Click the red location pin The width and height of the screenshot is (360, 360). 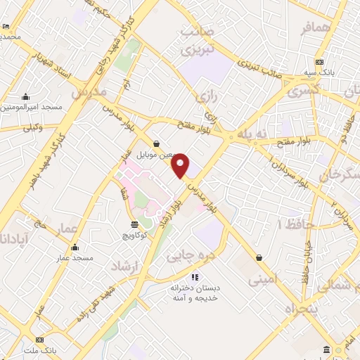(181, 165)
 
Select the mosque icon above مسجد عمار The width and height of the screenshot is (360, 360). (75, 247)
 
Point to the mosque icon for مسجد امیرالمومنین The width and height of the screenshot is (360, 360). (26, 97)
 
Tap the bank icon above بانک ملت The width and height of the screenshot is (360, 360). (39, 340)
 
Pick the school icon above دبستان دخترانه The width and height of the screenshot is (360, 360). (195, 276)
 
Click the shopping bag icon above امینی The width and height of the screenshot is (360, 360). (260, 257)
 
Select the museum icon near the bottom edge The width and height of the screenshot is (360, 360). (326, 350)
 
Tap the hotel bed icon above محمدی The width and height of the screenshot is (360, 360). (6, 26)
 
